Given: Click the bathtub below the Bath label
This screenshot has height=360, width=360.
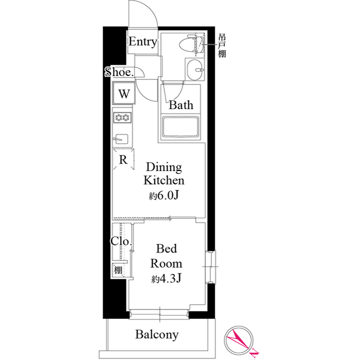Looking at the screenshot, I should [182, 127].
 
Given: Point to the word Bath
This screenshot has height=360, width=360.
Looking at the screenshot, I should [181, 105].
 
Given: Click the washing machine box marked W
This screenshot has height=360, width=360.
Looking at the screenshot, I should [124, 93].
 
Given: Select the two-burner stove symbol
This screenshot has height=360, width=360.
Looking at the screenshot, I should [123, 118].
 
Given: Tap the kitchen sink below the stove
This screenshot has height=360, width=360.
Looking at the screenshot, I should [122, 138].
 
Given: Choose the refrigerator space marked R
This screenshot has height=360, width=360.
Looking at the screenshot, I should [123, 160].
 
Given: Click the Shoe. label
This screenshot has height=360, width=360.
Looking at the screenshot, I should [119, 71].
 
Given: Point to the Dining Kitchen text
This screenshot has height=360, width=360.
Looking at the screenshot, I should [164, 174].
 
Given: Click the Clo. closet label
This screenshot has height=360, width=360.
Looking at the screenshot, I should [121, 242].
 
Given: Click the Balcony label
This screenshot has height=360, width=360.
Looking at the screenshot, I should [157, 335].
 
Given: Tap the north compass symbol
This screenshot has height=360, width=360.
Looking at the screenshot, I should [240, 340].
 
